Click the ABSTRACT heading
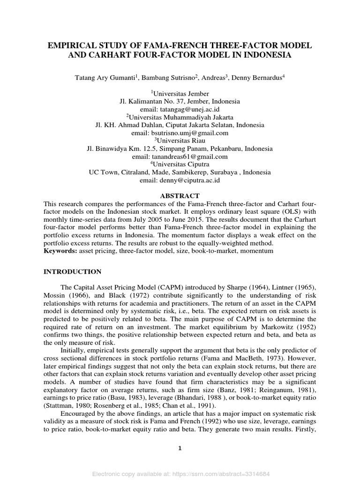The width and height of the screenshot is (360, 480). [180, 195]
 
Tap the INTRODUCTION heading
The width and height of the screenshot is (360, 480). [72, 271]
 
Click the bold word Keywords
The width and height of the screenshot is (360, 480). [60, 251]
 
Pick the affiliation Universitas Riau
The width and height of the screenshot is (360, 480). [181, 141]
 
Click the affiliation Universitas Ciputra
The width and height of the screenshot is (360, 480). [182, 165]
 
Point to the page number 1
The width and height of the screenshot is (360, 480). [180, 448]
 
